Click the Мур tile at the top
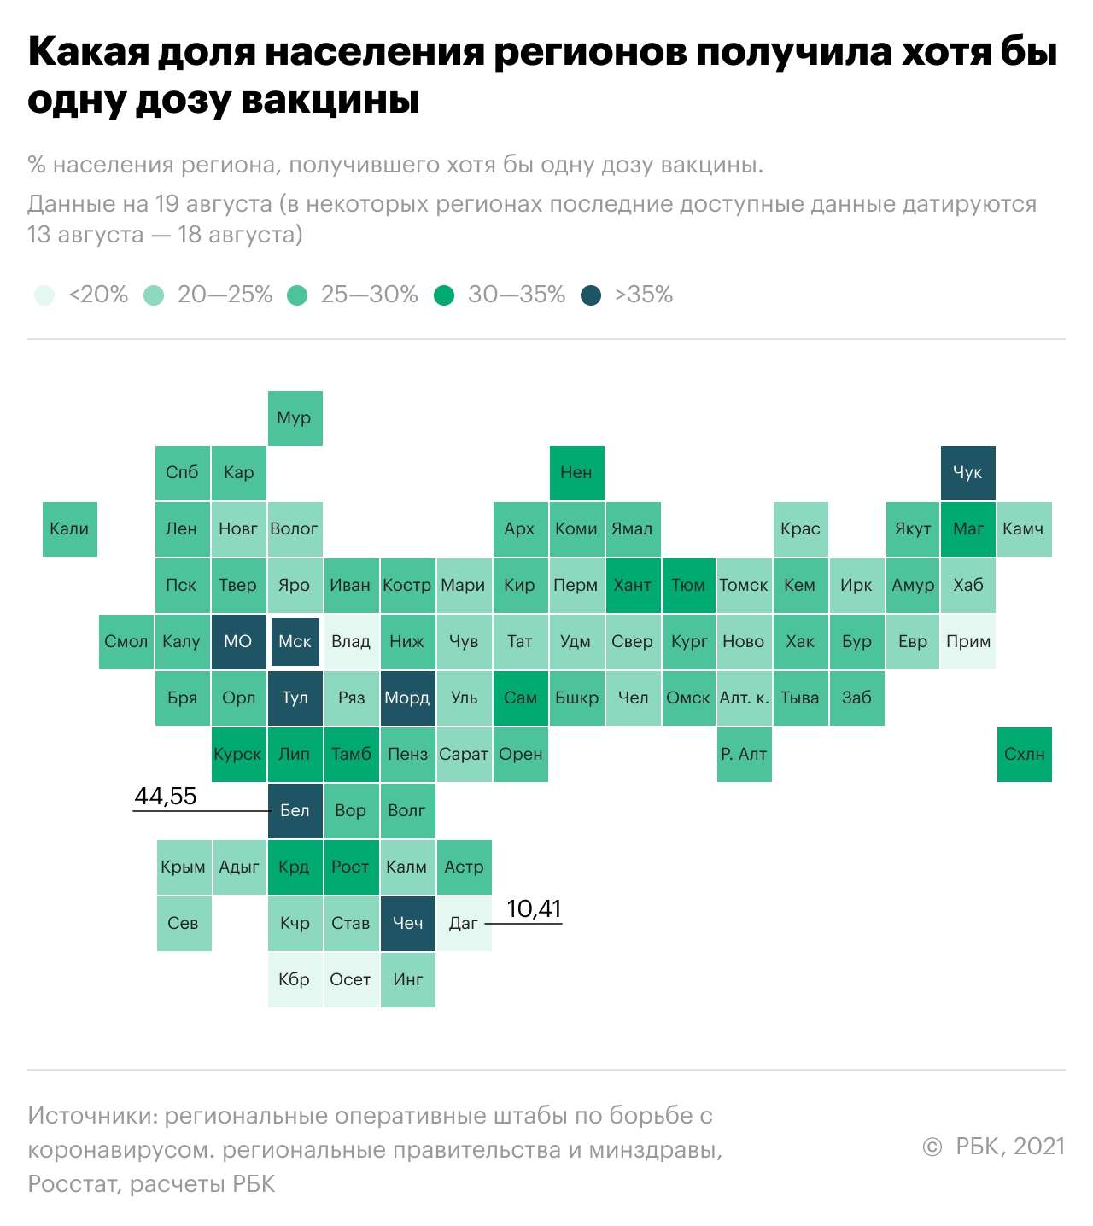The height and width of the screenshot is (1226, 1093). pos(295,418)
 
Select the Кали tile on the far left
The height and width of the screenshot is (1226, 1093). pos(70,529)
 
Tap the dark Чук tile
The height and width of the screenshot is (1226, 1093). pos(968,473)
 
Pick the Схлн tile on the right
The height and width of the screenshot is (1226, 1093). pos(1025,755)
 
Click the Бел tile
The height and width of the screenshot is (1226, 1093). pos(295,811)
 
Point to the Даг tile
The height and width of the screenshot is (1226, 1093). pos(464,924)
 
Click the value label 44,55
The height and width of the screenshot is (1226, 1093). pos(166,797)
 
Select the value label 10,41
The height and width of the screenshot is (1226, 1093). pos(535,909)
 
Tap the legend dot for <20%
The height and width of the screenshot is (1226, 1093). pos(44,295)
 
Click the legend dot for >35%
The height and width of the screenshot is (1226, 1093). pos(591,295)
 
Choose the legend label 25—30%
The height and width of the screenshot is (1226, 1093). pos(369,295)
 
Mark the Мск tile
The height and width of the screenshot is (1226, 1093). pos(295,642)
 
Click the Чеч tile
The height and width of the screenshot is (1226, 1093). pos(407,924)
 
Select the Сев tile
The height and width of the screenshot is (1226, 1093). pos(184,924)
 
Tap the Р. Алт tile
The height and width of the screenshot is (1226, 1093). pos(744,755)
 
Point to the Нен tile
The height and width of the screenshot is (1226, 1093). pos(576,473)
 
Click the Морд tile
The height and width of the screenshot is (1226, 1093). pos(407,698)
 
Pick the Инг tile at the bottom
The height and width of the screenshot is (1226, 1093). pos(407,980)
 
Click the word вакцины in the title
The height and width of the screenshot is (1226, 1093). pos(331,100)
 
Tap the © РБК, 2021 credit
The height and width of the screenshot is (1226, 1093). pos(994,1147)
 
